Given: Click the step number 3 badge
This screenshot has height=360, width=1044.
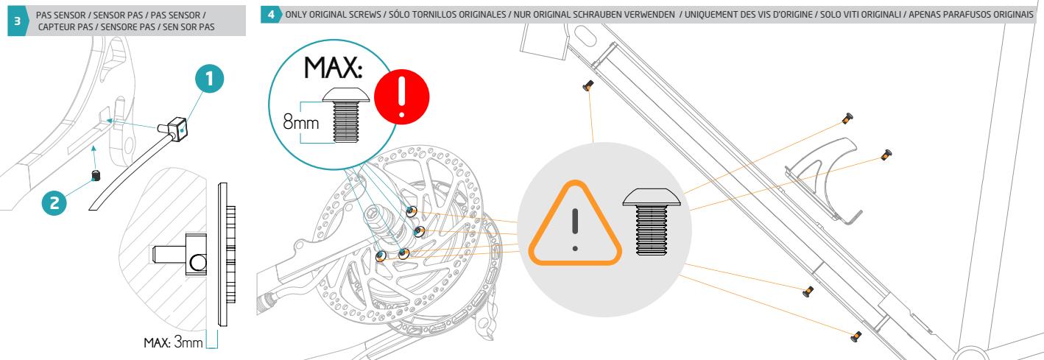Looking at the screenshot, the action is coord(18,21).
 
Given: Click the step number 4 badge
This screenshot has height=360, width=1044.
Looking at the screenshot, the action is coord(271,15).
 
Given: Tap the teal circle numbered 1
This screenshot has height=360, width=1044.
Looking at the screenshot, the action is coord(209,78).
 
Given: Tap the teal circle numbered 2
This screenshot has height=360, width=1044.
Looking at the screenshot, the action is coord(54,203).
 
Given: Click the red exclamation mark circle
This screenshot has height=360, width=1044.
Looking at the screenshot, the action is coord(402,97).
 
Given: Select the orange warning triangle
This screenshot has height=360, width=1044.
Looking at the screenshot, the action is coord(575,224).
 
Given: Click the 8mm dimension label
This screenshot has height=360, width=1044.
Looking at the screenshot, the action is coord(301,123).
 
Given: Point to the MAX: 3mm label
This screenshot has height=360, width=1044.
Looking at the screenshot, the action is coord(173,343).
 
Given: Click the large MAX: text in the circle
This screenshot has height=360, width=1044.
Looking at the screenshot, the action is coord(334,68).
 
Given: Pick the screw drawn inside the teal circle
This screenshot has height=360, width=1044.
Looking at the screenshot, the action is coord(346,115).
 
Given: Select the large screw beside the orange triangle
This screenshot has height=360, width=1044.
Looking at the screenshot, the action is coord(652,222).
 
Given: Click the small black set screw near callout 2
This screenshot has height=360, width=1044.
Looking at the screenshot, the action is coord(96,176).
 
